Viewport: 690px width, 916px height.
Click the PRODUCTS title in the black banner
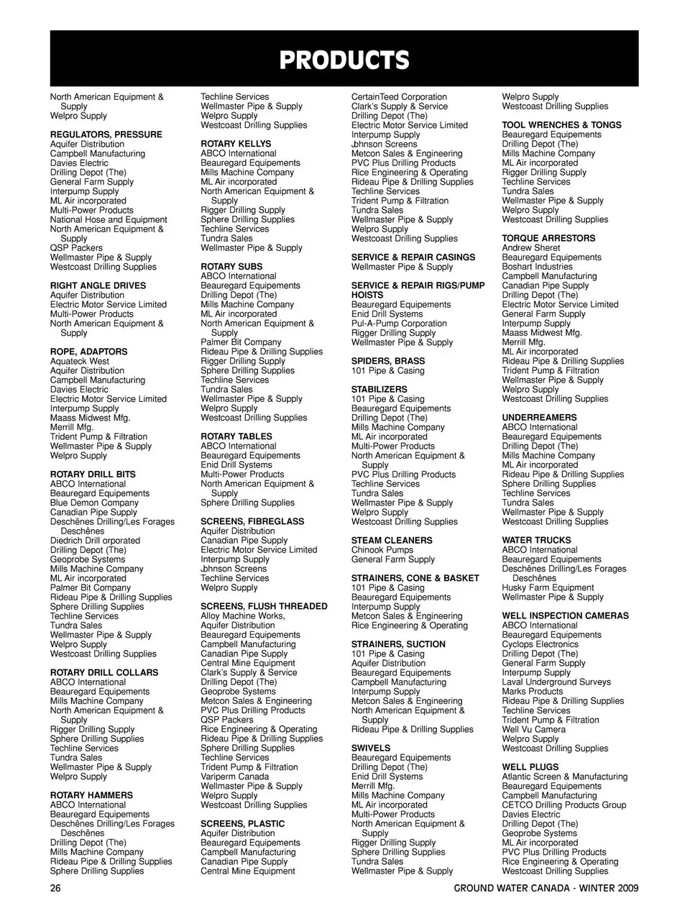point(344,60)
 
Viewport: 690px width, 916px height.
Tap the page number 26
point(55,888)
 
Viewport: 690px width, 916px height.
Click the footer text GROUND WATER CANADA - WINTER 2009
point(546,888)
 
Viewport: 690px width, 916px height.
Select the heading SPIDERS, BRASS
point(387,361)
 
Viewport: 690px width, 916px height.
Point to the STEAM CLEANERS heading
point(392,540)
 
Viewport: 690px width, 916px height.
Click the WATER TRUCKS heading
point(536,540)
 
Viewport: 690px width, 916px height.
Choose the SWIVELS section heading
point(371,748)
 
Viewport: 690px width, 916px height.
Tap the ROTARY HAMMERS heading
point(91,795)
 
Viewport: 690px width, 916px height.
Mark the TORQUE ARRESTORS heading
point(548,238)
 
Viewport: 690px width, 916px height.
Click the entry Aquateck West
point(80,361)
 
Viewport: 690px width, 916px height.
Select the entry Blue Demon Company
point(94,503)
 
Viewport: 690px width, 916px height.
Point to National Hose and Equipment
point(109,219)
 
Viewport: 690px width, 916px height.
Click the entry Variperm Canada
point(234,777)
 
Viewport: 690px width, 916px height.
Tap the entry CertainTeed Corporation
point(399,96)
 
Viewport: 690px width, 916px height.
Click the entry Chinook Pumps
point(382,549)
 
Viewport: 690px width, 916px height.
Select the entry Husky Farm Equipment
point(548,587)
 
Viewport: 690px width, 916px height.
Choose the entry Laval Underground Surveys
point(556,682)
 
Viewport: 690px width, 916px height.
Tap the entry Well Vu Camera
point(533,729)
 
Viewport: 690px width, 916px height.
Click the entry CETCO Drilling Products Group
point(563,805)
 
